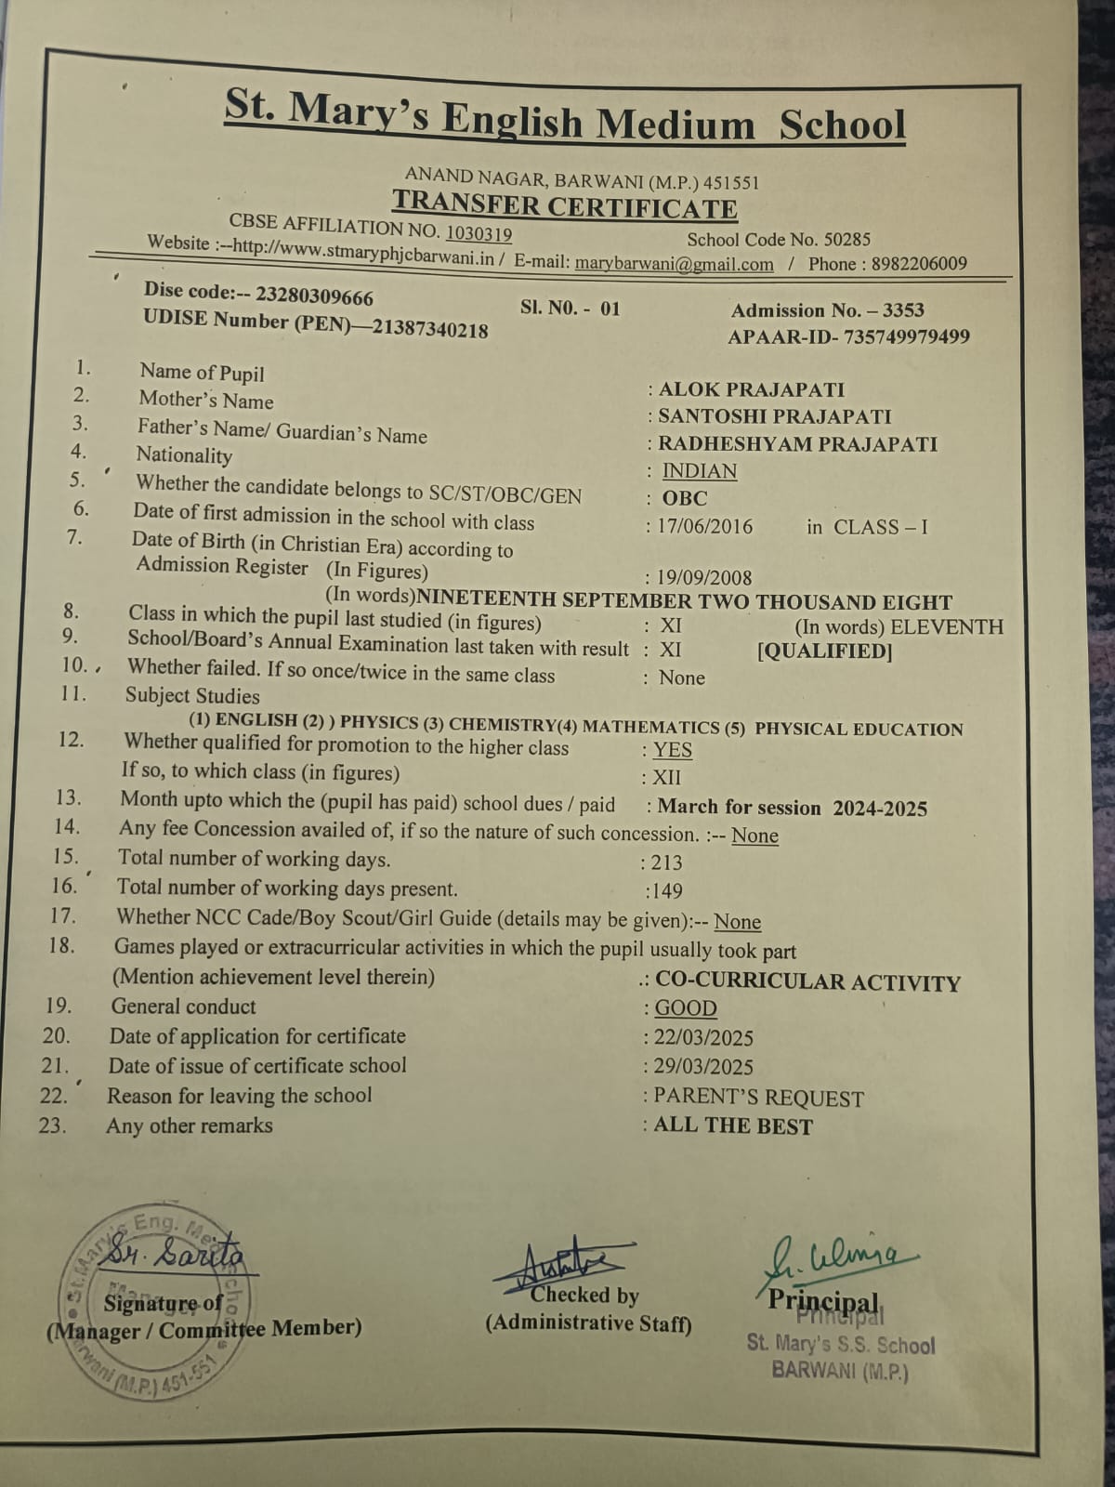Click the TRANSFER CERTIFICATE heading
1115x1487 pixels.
564,205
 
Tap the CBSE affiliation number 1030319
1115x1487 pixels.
479,233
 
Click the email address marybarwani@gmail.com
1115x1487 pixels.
674,264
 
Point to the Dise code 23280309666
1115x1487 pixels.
314,296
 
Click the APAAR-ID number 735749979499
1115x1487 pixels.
905,336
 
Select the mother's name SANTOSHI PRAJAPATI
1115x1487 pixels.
774,416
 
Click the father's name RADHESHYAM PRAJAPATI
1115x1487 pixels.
797,444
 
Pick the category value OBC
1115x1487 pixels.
685,498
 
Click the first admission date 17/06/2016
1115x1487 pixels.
705,527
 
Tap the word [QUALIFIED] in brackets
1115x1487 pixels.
825,651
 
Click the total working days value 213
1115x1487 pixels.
666,862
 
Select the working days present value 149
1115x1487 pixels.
665,891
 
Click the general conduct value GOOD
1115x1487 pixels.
686,1008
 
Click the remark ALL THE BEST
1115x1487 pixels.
732,1126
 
